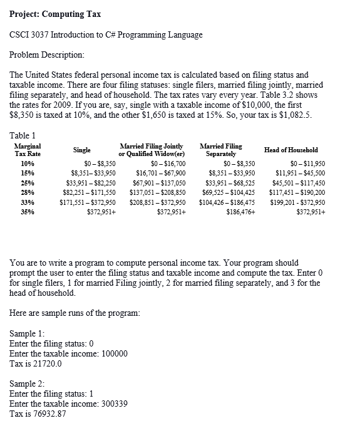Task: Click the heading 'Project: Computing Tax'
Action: click(56, 14)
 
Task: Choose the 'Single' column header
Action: click(81, 150)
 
